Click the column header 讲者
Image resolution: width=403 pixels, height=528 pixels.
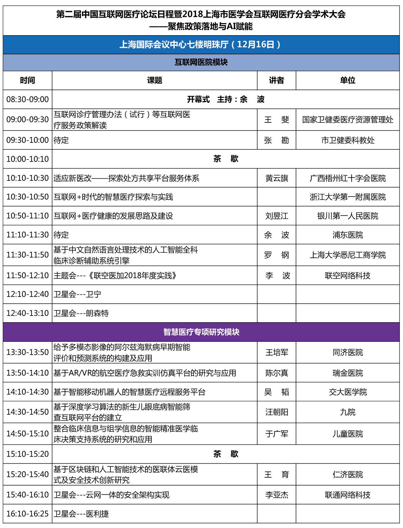tap(276, 80)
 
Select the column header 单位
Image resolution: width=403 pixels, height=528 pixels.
tap(348, 80)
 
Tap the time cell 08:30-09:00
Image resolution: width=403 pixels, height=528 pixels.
tap(28, 99)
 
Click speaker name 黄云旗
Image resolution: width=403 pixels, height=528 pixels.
tap(277, 178)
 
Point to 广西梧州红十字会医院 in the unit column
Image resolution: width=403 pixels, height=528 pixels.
tap(348, 178)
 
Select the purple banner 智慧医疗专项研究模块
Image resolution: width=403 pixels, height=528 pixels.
tap(201, 332)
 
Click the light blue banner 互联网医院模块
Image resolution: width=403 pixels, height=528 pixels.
tap(201, 62)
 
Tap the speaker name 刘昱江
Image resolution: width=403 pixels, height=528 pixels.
tap(277, 216)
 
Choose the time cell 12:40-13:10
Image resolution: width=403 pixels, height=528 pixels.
tap(28, 313)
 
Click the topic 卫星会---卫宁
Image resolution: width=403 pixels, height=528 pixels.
tap(78, 294)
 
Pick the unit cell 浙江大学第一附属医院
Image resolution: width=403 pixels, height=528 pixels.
tap(348, 197)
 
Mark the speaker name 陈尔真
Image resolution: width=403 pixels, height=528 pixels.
tap(277, 373)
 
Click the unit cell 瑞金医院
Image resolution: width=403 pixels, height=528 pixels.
tap(348, 373)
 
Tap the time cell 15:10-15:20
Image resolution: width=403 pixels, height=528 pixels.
tap(28, 454)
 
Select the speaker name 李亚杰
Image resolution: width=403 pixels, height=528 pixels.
tap(277, 495)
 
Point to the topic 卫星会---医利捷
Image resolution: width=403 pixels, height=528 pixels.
tap(81, 514)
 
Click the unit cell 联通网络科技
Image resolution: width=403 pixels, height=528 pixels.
tap(348, 495)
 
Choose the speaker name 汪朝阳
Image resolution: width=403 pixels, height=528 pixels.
tap(277, 412)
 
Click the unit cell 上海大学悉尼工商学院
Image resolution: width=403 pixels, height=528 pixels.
tap(348, 255)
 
